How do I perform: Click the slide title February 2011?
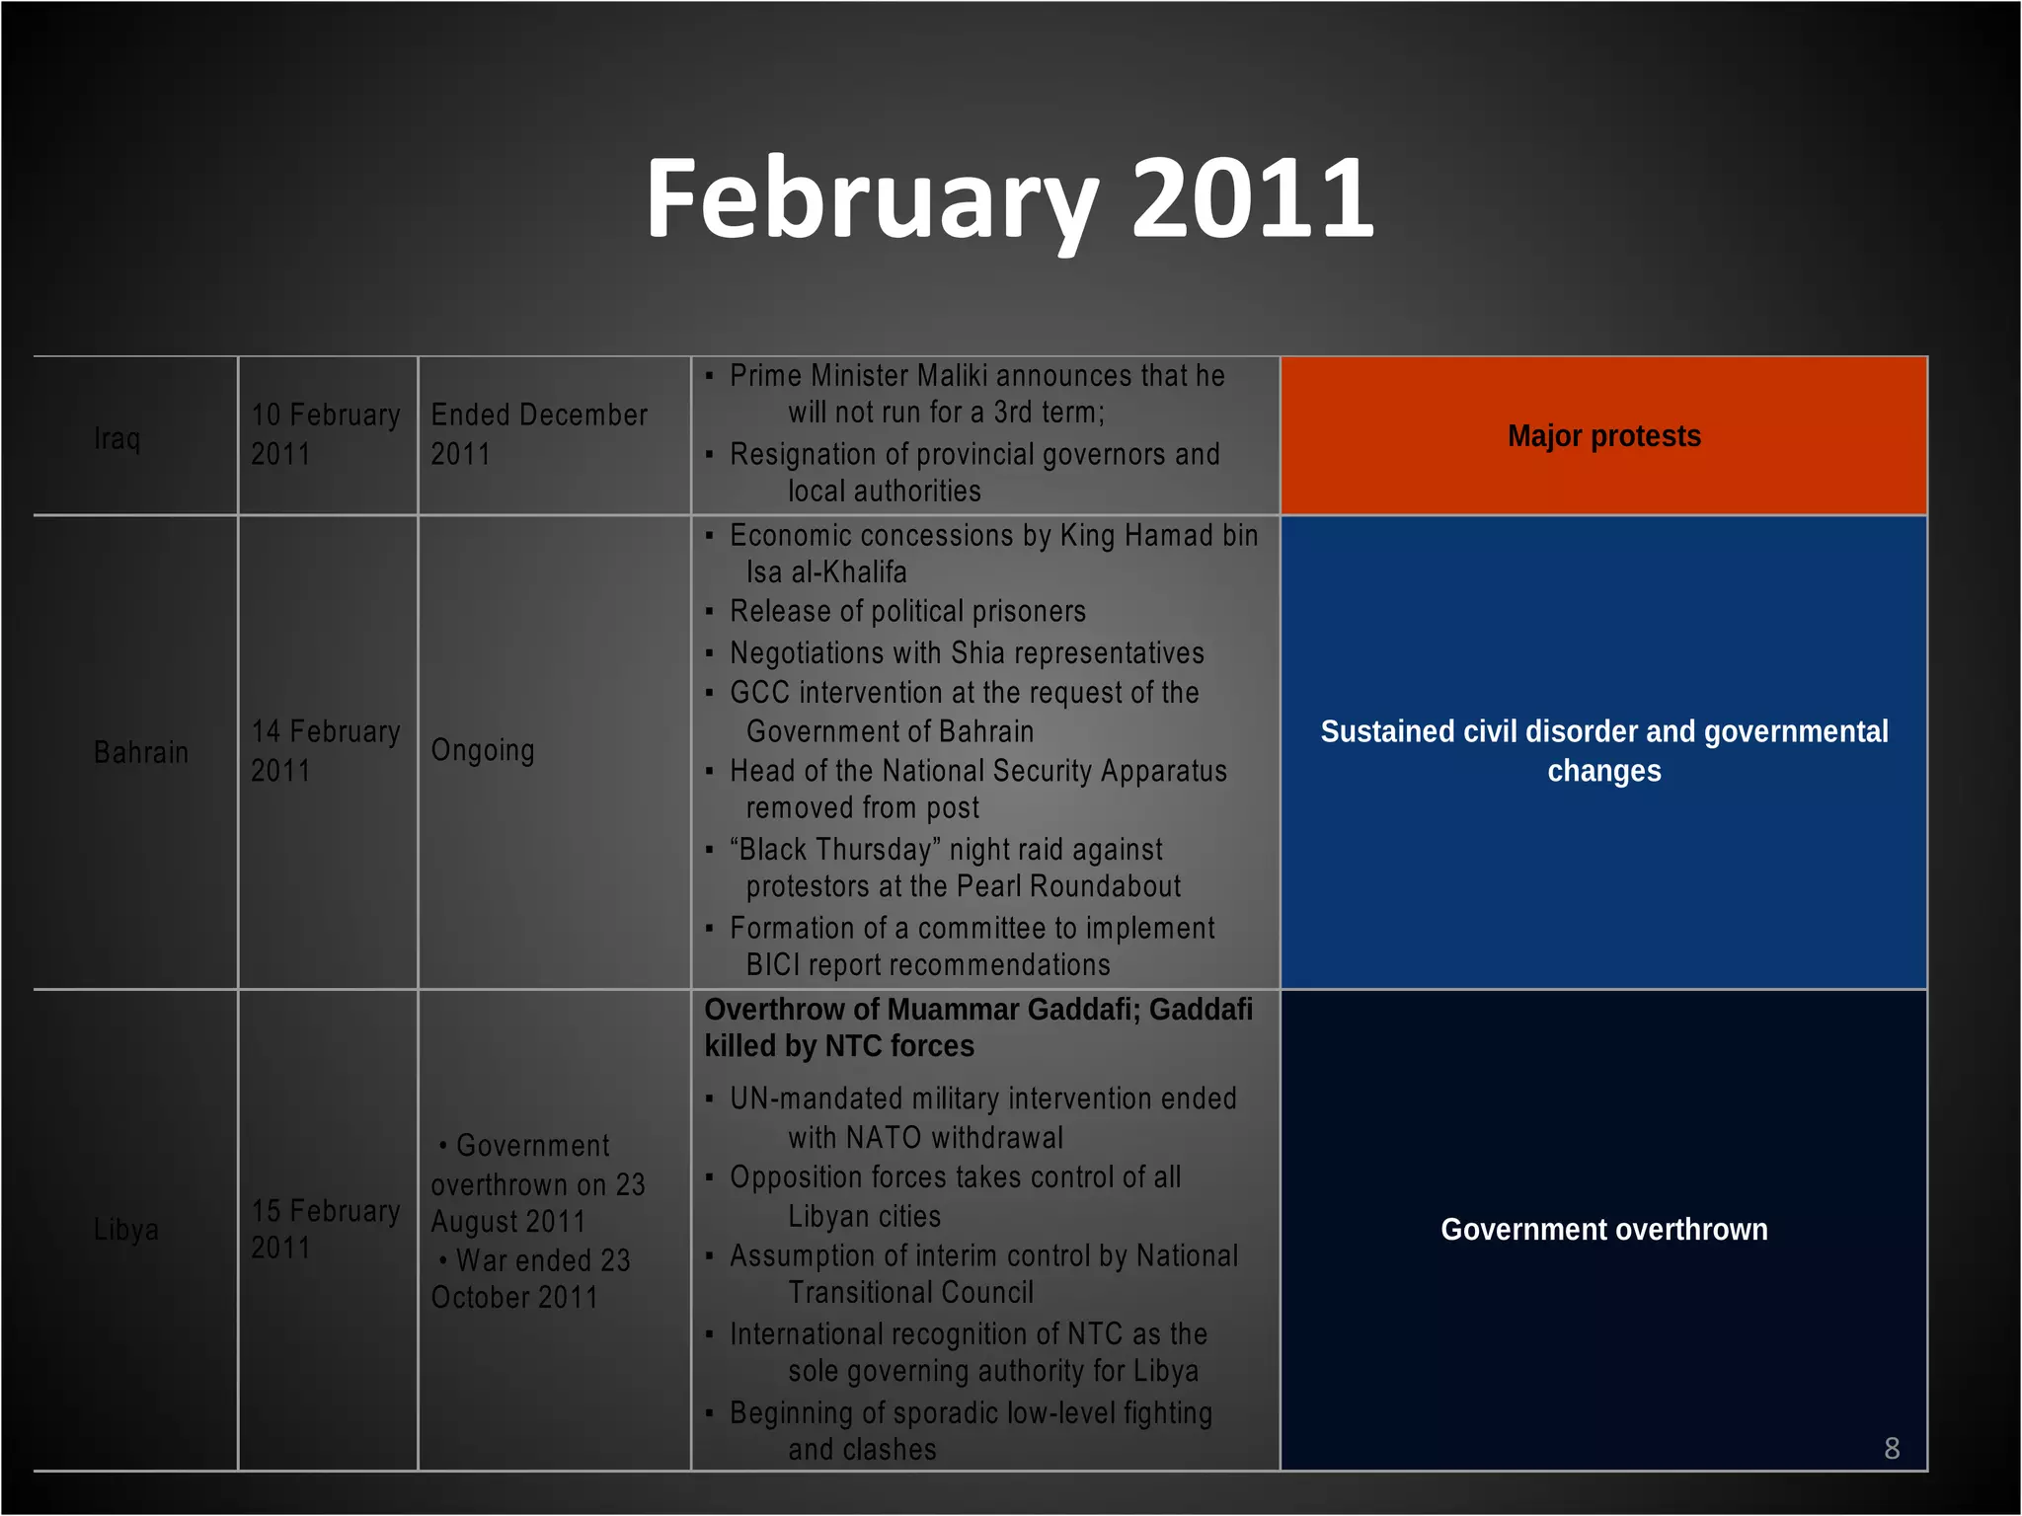(1009, 200)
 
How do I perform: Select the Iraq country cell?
(117, 437)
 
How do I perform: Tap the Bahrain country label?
(140, 752)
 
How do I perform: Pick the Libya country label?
(125, 1230)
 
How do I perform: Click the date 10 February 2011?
(325, 434)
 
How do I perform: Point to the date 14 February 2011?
(325, 751)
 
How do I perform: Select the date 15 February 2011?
(325, 1229)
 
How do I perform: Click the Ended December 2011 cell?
(538, 434)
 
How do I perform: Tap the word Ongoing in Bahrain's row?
(483, 750)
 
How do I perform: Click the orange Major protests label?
(1603, 436)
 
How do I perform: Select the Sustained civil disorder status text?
(1603, 751)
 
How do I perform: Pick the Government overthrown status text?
(1603, 1230)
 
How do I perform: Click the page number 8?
(1892, 1448)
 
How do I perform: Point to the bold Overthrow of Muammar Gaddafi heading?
(977, 1027)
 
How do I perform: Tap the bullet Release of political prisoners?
(907, 612)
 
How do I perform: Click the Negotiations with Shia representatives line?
(967, 653)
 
